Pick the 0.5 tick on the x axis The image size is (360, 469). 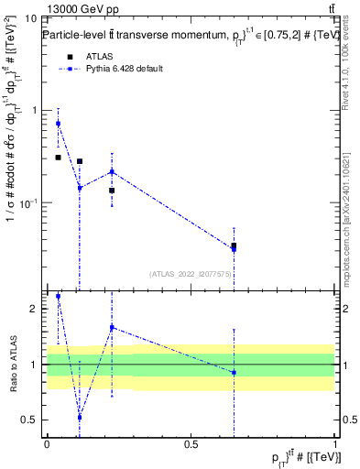coord(191,444)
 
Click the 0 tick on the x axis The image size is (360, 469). coord(47,444)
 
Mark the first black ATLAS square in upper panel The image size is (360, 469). coord(58,158)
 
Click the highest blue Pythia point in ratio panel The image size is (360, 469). coord(58,297)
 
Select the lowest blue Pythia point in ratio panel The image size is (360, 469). coord(80,417)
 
